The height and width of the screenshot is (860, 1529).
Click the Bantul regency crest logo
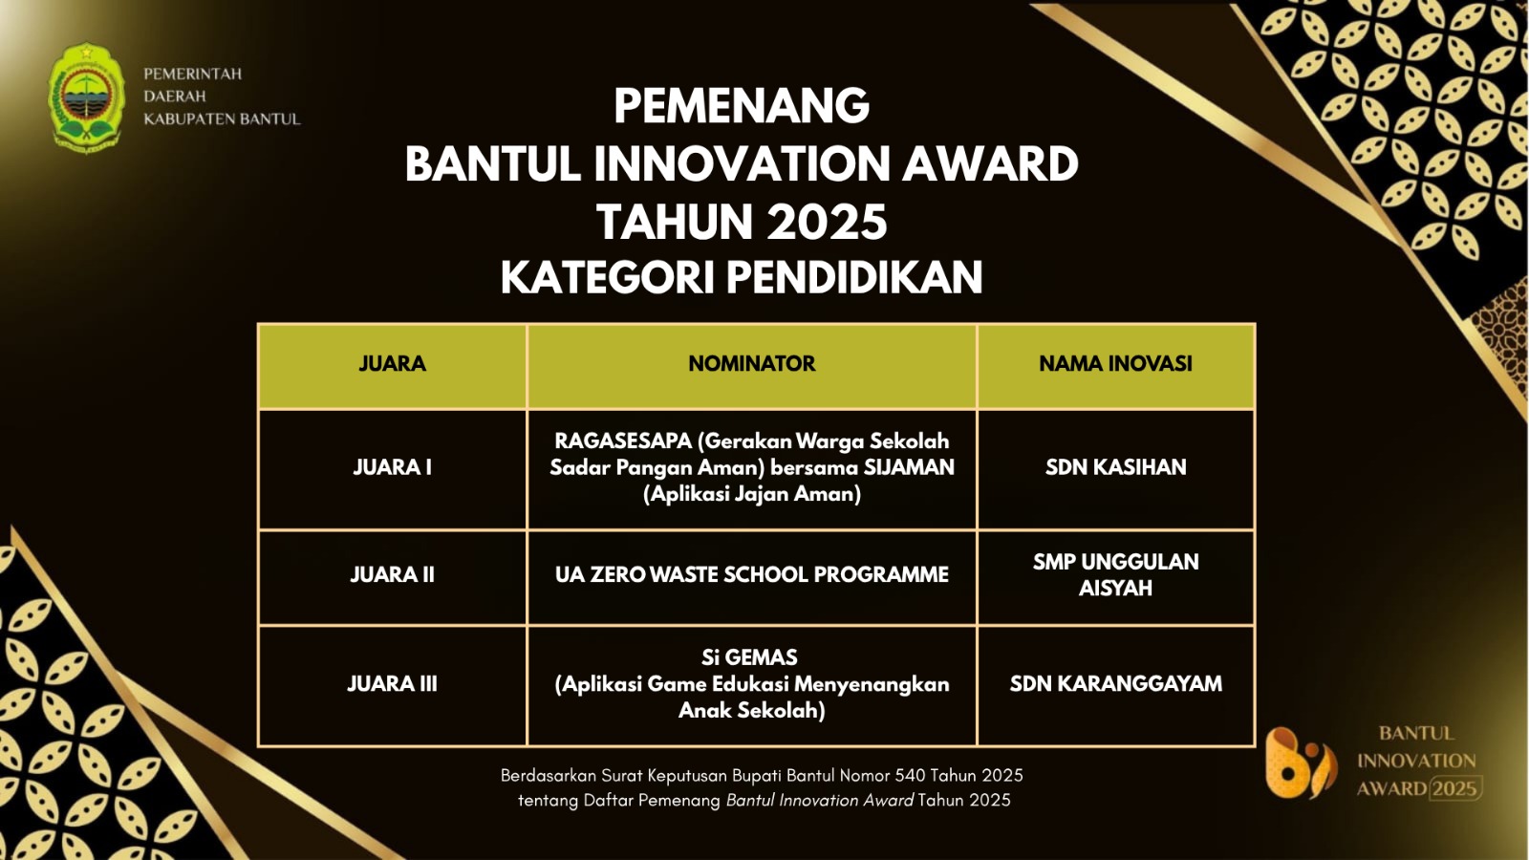click(86, 97)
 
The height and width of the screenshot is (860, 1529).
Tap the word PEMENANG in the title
click(742, 106)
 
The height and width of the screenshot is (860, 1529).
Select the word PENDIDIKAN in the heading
click(854, 277)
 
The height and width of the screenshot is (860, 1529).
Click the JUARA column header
click(393, 364)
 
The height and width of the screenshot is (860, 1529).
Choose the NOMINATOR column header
click(751, 364)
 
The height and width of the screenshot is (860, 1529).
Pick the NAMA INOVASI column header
click(1115, 364)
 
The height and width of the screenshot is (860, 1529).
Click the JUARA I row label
click(393, 467)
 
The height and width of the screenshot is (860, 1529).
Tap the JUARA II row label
click(393, 574)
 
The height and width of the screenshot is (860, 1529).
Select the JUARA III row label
click(393, 684)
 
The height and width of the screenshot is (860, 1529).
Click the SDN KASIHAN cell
click(1115, 467)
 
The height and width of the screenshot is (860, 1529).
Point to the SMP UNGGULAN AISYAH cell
click(1115, 574)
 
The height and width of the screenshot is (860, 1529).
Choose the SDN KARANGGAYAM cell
click(1115, 684)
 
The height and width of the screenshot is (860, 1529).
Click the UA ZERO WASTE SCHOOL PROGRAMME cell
click(751, 574)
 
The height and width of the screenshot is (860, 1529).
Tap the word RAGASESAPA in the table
click(623, 441)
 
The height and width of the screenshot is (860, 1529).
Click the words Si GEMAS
click(749, 657)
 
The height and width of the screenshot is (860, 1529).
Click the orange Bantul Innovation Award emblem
click(1300, 763)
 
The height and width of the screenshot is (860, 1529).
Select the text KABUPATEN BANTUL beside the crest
click(222, 118)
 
